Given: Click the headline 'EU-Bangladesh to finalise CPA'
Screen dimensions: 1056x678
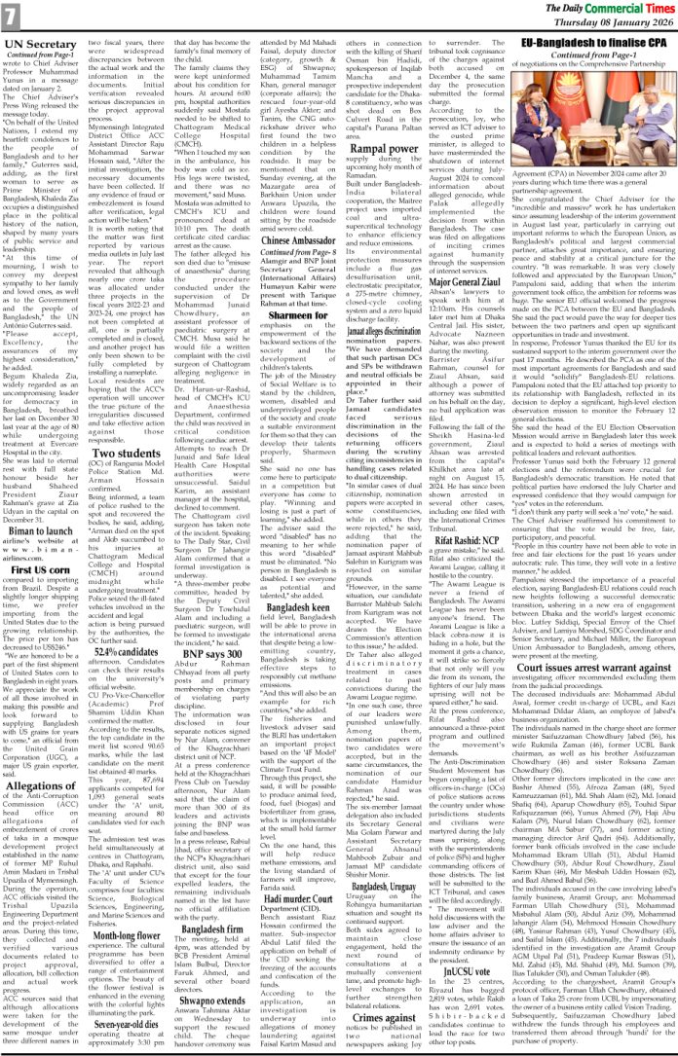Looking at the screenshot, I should [592, 45].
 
